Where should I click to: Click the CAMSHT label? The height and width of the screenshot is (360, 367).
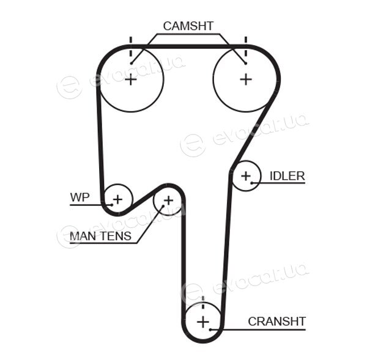click(x=188, y=26)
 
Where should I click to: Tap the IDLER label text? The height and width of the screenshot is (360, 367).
click(x=287, y=176)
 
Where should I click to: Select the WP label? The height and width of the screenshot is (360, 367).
click(x=80, y=197)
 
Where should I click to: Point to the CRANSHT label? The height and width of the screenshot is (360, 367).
click(x=277, y=321)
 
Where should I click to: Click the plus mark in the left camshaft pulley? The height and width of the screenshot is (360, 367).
click(x=131, y=80)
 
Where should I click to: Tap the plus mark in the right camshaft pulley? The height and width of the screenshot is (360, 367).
click(x=246, y=79)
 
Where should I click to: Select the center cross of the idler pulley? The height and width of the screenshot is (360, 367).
click(x=246, y=176)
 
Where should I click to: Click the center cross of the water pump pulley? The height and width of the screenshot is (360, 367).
click(x=117, y=199)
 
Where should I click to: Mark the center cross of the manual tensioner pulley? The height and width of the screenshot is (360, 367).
click(x=168, y=200)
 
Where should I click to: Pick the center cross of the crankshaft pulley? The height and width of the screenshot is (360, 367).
click(x=203, y=322)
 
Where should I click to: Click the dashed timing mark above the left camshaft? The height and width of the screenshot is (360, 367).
click(x=131, y=48)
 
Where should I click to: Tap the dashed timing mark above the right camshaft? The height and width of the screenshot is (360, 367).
click(x=245, y=47)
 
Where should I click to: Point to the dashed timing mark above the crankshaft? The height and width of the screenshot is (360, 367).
click(x=203, y=303)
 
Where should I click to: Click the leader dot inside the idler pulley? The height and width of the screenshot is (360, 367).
click(x=252, y=183)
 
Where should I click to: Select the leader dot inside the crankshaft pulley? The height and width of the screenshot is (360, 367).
click(x=210, y=329)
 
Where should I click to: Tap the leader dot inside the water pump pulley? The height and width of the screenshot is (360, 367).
click(x=112, y=205)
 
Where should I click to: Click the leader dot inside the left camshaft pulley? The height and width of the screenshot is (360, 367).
click(x=132, y=64)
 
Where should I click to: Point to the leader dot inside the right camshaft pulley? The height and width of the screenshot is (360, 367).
click(x=245, y=64)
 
